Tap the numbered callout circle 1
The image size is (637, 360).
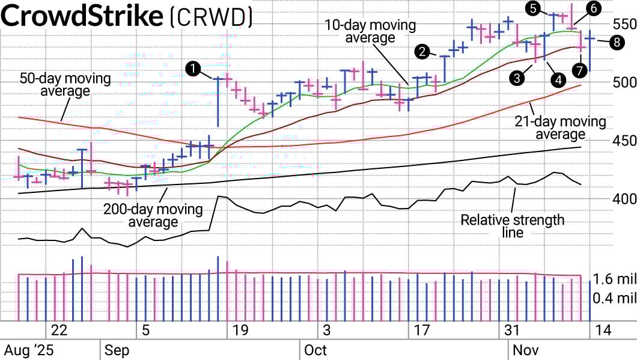point(193,69)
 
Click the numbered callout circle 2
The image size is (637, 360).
point(423,51)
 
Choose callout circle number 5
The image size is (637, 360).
point(532,8)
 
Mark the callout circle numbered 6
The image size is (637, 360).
point(593,8)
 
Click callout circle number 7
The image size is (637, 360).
point(580,70)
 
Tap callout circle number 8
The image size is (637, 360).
point(617,41)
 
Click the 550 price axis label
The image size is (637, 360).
point(624,25)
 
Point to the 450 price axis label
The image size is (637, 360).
point(624,141)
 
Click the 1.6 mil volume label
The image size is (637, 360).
point(614,279)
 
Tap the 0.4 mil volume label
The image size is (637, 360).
point(614,297)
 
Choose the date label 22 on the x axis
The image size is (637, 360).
point(59,330)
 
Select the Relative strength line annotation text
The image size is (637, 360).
point(512,226)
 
